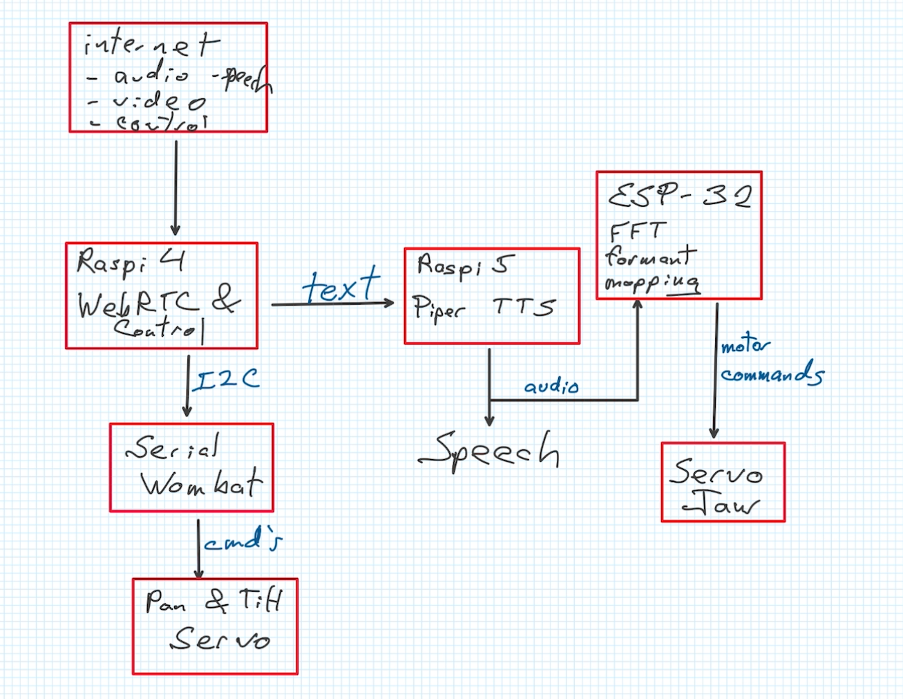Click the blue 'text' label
tap(341, 286)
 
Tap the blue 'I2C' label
tap(226, 380)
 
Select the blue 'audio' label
tap(551, 386)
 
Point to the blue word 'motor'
tap(745, 345)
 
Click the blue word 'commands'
tap(772, 374)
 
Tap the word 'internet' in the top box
tap(151, 45)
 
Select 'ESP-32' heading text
tap(679, 197)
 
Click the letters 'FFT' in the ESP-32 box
tap(637, 231)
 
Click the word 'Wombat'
tap(201, 483)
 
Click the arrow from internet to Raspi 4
tap(175, 187)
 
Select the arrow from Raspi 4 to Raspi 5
tap(332, 304)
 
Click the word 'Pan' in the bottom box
tap(165, 603)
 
